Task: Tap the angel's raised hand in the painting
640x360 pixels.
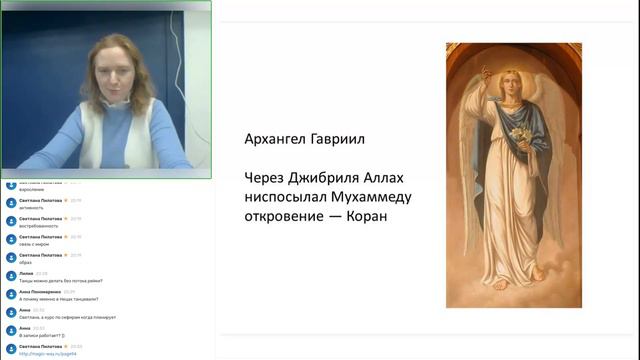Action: point(485,74)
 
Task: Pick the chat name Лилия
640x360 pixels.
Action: point(26,273)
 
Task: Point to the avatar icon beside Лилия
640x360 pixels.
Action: point(11,275)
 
